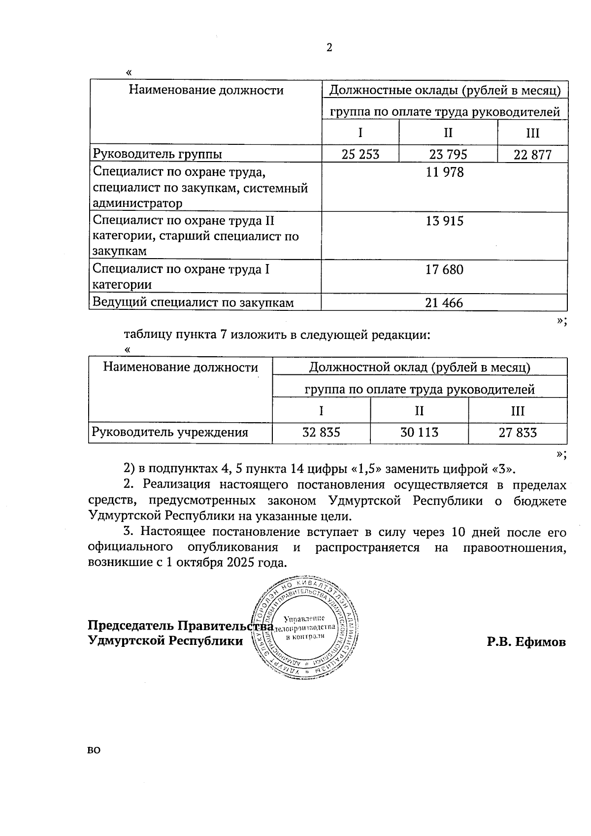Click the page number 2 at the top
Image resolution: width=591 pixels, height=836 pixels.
(329, 48)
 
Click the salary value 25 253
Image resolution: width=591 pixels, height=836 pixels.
(361, 155)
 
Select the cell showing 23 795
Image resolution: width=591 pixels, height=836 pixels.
(448, 155)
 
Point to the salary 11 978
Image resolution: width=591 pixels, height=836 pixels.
(445, 173)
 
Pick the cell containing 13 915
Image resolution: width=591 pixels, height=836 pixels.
(445, 221)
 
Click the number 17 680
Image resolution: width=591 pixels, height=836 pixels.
(445, 270)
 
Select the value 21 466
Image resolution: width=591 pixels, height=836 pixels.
(444, 303)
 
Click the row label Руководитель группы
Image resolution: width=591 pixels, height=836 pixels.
(157, 154)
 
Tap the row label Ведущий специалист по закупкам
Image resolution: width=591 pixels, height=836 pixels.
(193, 302)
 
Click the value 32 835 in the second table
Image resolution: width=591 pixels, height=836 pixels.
(321, 433)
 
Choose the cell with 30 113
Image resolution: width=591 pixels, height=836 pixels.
(419, 433)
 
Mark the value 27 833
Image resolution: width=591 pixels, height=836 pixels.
(518, 433)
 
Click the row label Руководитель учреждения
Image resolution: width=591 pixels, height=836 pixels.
(170, 433)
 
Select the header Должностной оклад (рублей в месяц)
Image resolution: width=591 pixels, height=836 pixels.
(419, 368)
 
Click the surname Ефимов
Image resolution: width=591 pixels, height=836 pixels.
(540, 642)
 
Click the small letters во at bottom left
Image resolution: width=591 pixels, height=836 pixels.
(94, 751)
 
